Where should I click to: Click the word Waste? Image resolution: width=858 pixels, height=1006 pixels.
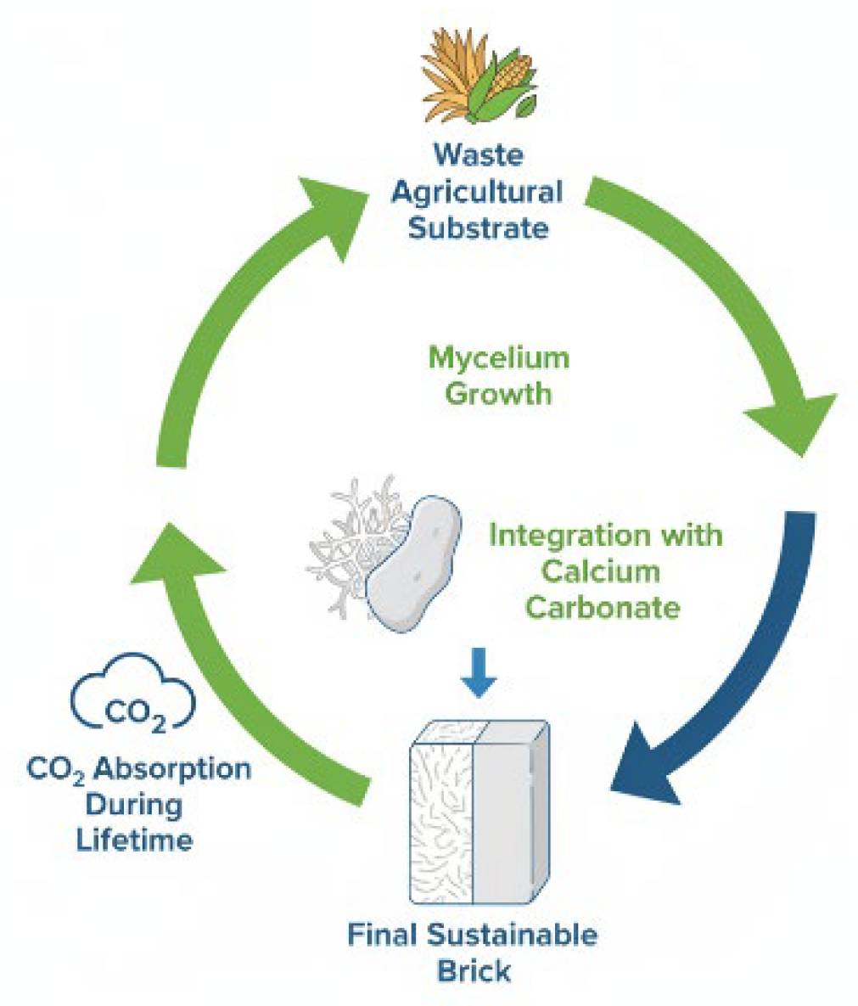pos(478,155)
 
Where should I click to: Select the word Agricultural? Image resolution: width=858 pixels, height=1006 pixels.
pos(476,191)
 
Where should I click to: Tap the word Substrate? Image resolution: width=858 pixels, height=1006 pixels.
pos(478,228)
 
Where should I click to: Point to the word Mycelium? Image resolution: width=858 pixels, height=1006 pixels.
pos(498,357)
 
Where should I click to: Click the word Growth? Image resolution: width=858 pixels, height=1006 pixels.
pos(498,394)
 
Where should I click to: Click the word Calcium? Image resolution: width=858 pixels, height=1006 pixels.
pos(601,571)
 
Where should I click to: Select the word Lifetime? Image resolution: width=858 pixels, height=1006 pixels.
pos(134,840)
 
